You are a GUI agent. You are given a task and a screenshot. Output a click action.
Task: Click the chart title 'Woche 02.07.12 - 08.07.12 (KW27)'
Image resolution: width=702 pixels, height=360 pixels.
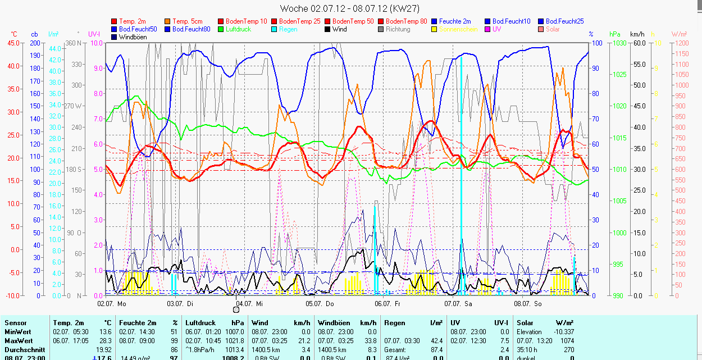click(x=349, y=8)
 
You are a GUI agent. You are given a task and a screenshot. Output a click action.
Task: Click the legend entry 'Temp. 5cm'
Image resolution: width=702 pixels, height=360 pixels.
click(x=188, y=21)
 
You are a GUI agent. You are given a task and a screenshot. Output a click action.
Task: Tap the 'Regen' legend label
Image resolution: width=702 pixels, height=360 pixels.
click(x=288, y=29)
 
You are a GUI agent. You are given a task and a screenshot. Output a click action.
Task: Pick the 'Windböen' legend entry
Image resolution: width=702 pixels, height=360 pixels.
click(x=133, y=37)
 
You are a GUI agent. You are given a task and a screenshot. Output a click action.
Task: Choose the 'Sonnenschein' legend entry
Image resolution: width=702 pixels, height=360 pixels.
click(x=458, y=29)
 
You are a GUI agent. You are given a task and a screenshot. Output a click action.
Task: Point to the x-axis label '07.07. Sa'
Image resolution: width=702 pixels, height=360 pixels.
click(x=459, y=303)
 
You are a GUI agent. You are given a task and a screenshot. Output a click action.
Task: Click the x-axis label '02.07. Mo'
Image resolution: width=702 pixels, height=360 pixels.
click(x=112, y=303)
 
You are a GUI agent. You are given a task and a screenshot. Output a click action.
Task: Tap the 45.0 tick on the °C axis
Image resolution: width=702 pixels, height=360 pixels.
click(x=12, y=43)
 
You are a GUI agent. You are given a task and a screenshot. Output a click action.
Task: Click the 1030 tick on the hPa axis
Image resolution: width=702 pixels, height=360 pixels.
click(x=619, y=43)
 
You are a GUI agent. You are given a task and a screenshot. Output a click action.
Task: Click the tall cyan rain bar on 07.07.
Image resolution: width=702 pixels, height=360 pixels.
click(x=461, y=168)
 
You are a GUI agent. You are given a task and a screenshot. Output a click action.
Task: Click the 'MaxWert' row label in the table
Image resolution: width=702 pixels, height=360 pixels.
click(x=18, y=341)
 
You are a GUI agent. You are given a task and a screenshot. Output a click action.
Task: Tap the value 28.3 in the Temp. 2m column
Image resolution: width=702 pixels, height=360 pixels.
click(x=105, y=341)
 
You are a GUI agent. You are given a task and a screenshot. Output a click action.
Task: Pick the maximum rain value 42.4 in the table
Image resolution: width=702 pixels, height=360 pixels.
click(x=436, y=341)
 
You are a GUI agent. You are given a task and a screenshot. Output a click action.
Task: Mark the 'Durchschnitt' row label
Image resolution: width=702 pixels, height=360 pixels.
click(x=22, y=349)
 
